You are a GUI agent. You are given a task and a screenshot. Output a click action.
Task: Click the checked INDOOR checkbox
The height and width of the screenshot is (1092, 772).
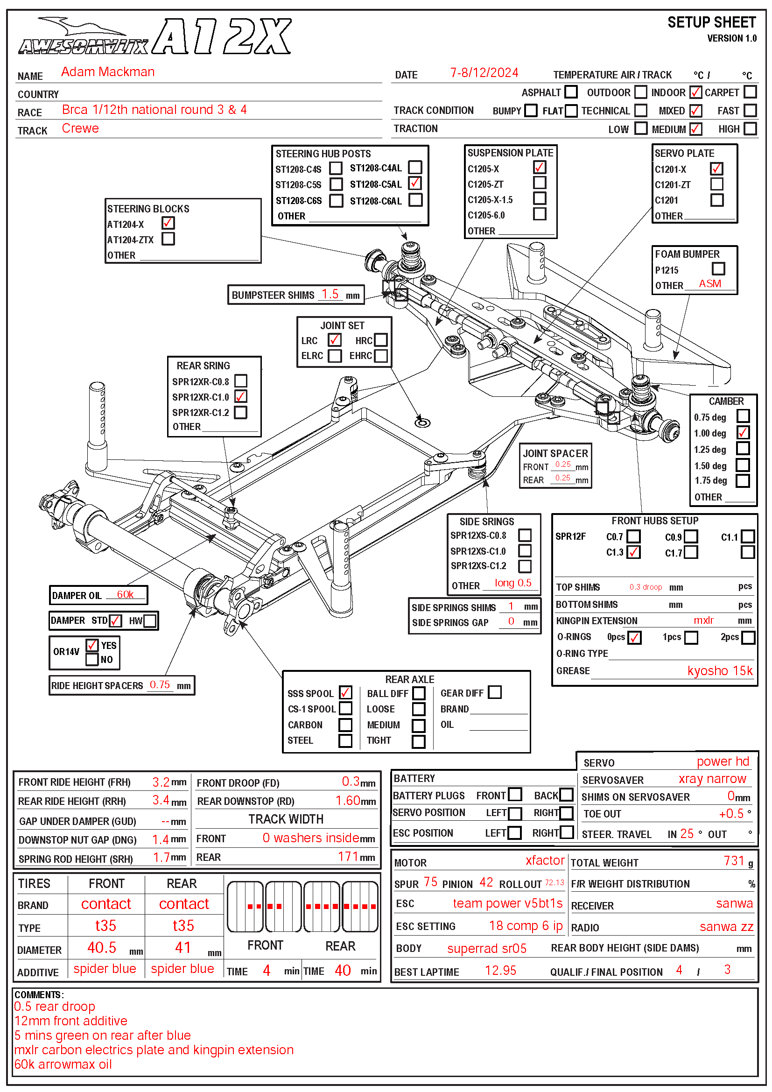[x=695, y=92]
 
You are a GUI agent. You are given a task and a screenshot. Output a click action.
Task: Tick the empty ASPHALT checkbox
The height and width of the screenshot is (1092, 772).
[x=571, y=92]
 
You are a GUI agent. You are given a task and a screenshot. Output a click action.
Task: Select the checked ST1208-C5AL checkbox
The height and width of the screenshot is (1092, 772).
[x=415, y=183]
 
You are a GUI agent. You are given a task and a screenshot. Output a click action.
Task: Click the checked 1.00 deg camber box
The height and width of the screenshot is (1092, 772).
[x=743, y=432]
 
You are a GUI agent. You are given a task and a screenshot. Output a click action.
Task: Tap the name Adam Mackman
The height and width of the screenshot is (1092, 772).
[x=108, y=72]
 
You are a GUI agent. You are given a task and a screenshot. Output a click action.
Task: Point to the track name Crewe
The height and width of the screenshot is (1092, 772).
[x=80, y=128]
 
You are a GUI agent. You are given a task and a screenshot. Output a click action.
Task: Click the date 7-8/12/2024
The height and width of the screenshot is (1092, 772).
[x=484, y=73]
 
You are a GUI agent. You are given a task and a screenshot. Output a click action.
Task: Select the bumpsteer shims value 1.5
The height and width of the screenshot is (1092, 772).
[x=330, y=294]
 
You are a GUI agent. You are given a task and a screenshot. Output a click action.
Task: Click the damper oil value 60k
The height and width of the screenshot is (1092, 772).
[x=125, y=594]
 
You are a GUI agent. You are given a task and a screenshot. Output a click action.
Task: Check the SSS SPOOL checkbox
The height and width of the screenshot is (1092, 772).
[x=345, y=692]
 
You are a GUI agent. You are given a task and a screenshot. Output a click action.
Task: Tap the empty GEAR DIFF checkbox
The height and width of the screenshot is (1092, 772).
[x=495, y=692]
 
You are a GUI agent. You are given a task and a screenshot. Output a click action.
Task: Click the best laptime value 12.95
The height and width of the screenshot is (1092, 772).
[x=500, y=970]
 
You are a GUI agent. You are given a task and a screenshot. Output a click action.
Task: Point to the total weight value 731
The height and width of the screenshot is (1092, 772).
[x=734, y=861]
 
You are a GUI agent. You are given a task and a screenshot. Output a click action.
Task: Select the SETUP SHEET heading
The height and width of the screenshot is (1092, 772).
[x=711, y=22]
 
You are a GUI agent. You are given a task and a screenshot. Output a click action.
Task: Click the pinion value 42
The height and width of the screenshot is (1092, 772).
[x=486, y=882]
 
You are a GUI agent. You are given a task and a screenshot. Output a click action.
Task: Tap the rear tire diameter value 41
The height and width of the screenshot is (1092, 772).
[x=183, y=947]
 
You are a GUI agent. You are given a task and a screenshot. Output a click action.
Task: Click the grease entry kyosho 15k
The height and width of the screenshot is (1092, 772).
[x=720, y=670]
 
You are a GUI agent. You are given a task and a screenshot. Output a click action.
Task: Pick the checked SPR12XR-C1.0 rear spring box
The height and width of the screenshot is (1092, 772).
[x=241, y=396]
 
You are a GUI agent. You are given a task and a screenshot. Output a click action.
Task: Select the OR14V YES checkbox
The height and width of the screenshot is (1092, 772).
[x=92, y=645]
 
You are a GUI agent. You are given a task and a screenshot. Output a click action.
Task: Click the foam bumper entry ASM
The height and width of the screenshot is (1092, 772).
[x=710, y=283]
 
